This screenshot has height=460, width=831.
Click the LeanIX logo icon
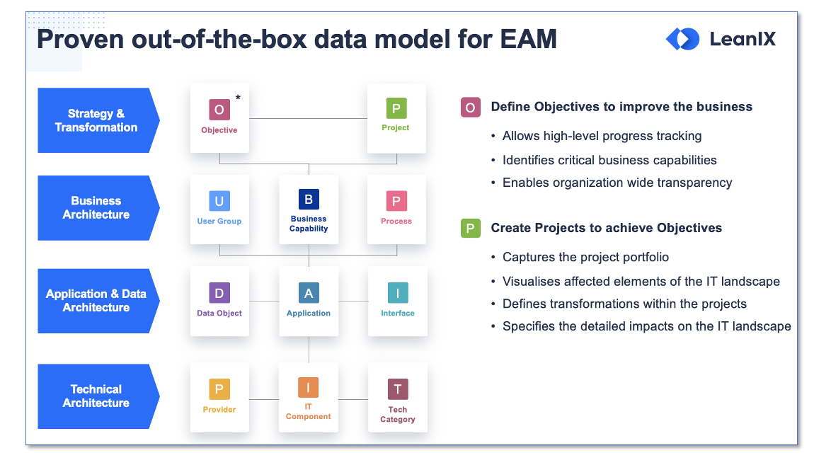[682, 39]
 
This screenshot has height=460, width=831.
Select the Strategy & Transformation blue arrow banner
[97, 120]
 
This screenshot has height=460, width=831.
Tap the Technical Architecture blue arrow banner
[97, 396]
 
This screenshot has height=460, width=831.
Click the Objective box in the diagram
[219, 117]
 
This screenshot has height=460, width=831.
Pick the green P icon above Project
[396, 109]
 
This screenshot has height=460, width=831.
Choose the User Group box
[219, 209]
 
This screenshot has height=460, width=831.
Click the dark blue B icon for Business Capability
[309, 200]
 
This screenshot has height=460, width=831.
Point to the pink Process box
[396, 209]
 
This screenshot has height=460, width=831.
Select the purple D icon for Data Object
[219, 293]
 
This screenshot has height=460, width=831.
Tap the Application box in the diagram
[309, 301]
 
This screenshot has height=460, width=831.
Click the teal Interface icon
[398, 293]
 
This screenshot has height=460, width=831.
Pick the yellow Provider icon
[219, 389]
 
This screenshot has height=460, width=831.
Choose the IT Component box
[309, 397]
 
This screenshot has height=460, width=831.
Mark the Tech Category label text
[398, 415]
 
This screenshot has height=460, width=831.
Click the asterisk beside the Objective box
[238, 98]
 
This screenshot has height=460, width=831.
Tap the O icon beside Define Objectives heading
[470, 108]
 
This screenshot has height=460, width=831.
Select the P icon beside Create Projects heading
[470, 229]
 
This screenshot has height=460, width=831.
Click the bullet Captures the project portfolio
[585, 257]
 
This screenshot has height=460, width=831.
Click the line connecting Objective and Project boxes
[308, 118]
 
